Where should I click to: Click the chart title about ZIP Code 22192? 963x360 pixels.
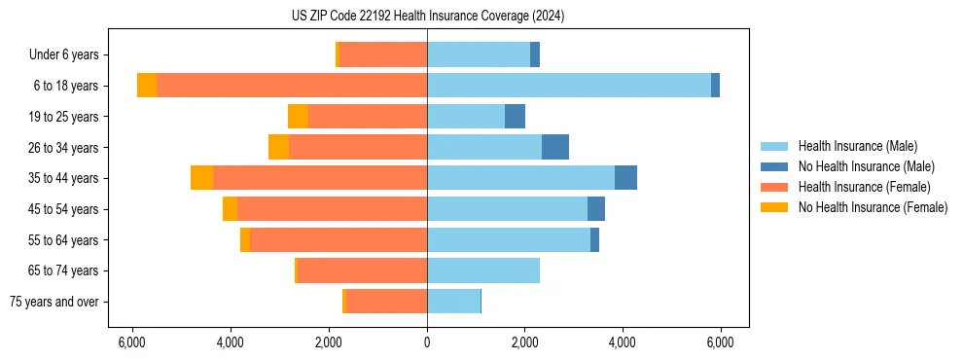427,17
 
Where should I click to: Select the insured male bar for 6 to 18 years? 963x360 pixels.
569,86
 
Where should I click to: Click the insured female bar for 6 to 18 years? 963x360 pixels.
292,86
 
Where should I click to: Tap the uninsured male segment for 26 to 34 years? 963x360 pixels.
555,147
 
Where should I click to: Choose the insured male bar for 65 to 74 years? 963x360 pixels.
483,270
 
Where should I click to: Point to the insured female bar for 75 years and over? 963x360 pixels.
386,302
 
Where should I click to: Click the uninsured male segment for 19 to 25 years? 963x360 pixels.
515,117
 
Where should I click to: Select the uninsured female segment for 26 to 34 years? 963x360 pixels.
279,147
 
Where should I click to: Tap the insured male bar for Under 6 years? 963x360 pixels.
479,54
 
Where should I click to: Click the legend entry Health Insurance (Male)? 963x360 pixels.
857,146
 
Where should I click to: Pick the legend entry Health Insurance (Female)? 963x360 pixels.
864,187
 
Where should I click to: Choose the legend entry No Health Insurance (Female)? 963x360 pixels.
873,207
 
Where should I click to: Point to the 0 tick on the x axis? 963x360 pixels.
427,342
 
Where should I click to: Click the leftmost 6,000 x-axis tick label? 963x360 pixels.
131,342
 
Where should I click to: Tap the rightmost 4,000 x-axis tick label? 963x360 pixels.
623,342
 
